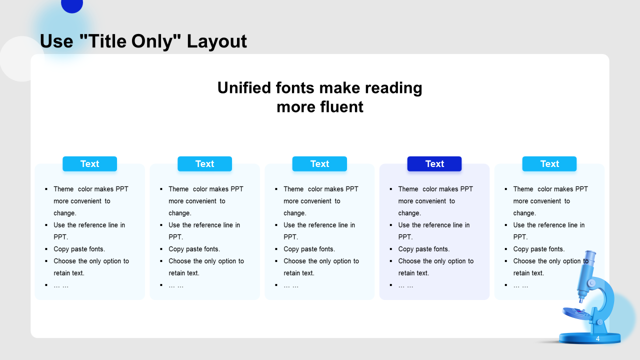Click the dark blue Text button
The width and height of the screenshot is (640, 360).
click(434, 163)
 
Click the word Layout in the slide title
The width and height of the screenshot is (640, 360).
click(216, 41)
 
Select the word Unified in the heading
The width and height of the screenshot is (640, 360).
click(244, 87)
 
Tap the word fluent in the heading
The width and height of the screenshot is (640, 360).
click(341, 107)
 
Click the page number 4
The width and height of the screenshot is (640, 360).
click(597, 338)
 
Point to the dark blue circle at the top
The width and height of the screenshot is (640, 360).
click(72, 5)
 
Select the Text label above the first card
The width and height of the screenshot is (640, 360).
click(89, 163)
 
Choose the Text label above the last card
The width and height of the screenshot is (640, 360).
click(549, 163)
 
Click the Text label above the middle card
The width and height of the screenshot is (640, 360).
click(319, 163)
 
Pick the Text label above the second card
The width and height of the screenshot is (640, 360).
click(204, 163)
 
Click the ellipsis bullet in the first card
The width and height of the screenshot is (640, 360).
click(61, 285)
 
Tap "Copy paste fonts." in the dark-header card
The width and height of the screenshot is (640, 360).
click(424, 249)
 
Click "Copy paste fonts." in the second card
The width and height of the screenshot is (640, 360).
click(194, 249)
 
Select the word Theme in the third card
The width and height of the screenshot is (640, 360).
click(293, 189)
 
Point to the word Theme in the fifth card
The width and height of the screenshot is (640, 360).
click(523, 189)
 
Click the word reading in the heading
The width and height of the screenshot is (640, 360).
click(393, 88)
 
